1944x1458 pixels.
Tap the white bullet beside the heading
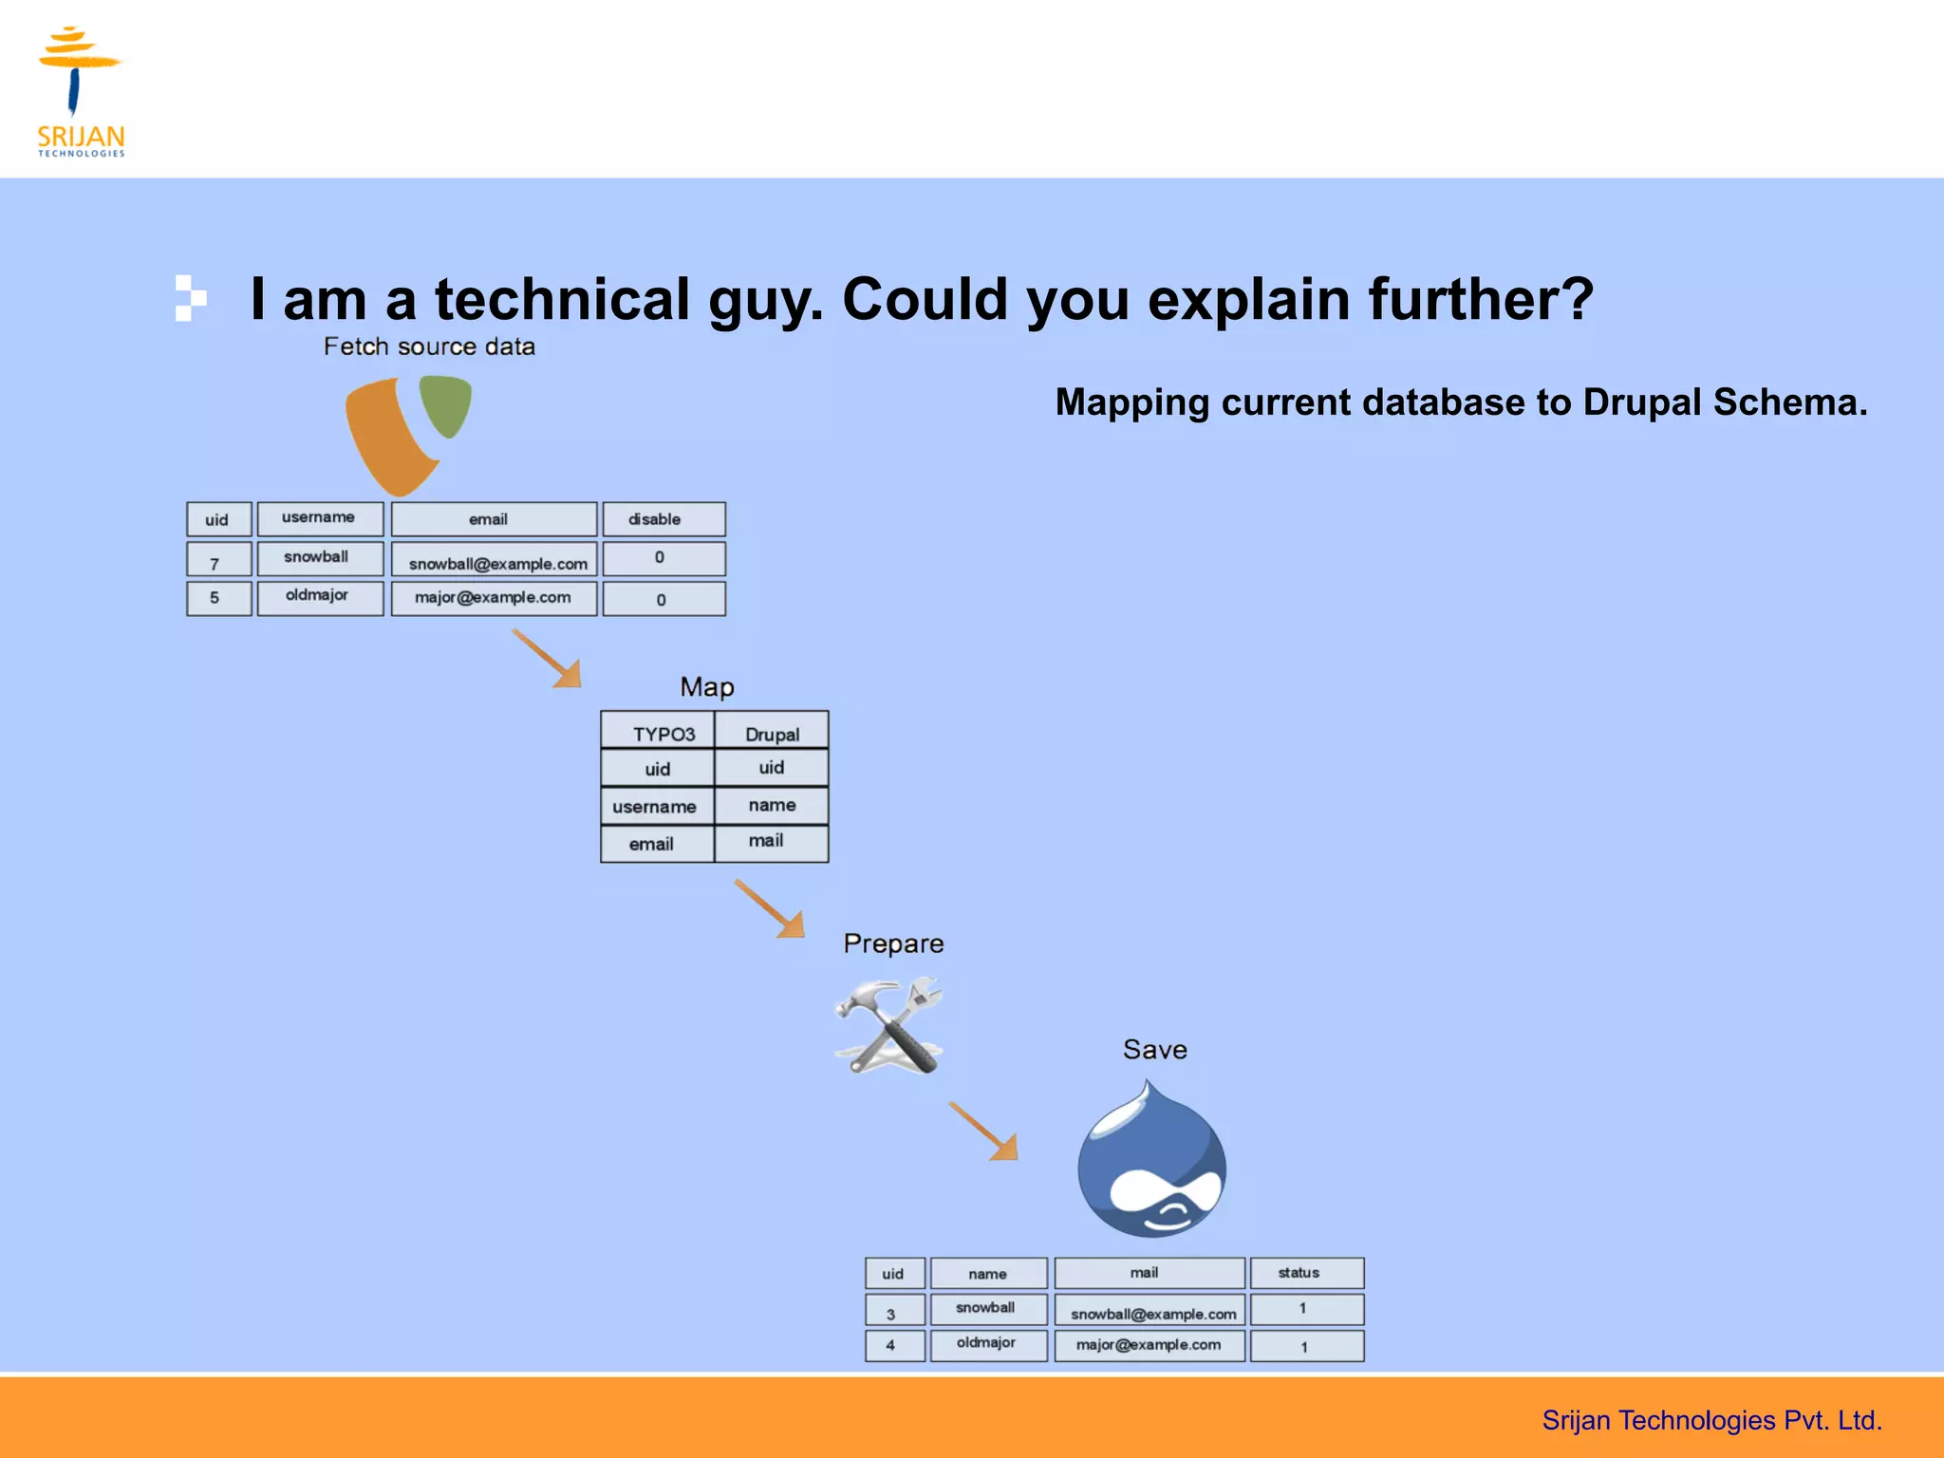pyautogui.click(x=190, y=298)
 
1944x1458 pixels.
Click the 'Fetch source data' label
pyautogui.click(x=429, y=347)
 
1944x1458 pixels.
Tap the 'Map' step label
pyautogui.click(x=707, y=687)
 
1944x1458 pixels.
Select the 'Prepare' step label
pyautogui.click(x=893, y=944)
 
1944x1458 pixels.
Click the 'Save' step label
pyautogui.click(x=1154, y=1050)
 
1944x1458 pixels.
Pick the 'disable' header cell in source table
pyautogui.click(x=664, y=519)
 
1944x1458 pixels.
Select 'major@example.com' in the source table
pyautogui.click(x=494, y=598)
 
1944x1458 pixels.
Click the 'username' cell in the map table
pyautogui.click(x=656, y=807)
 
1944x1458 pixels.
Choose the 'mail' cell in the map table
pyautogui.click(x=770, y=842)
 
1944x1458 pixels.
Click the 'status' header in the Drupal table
pyautogui.click(x=1306, y=1273)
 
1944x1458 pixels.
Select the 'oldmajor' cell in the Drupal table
pyautogui.click(x=988, y=1344)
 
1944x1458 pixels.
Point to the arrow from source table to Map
pyautogui.click(x=548, y=658)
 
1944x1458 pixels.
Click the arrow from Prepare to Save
pyautogui.click(x=984, y=1131)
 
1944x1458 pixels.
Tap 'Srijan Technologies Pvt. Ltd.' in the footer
pyautogui.click(x=1711, y=1420)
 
